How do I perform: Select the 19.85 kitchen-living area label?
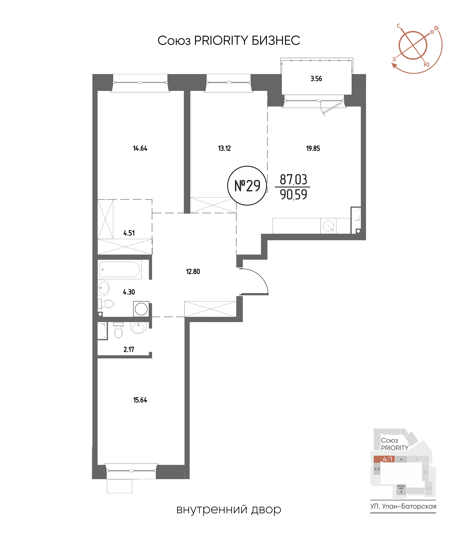(313, 148)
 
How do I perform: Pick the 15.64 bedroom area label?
(140, 400)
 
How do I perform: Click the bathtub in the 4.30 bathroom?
(120, 270)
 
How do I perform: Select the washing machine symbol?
(141, 309)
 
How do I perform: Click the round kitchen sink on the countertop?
(328, 226)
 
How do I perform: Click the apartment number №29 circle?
(247, 186)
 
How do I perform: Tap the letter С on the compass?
(398, 26)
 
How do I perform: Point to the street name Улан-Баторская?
(409, 506)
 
